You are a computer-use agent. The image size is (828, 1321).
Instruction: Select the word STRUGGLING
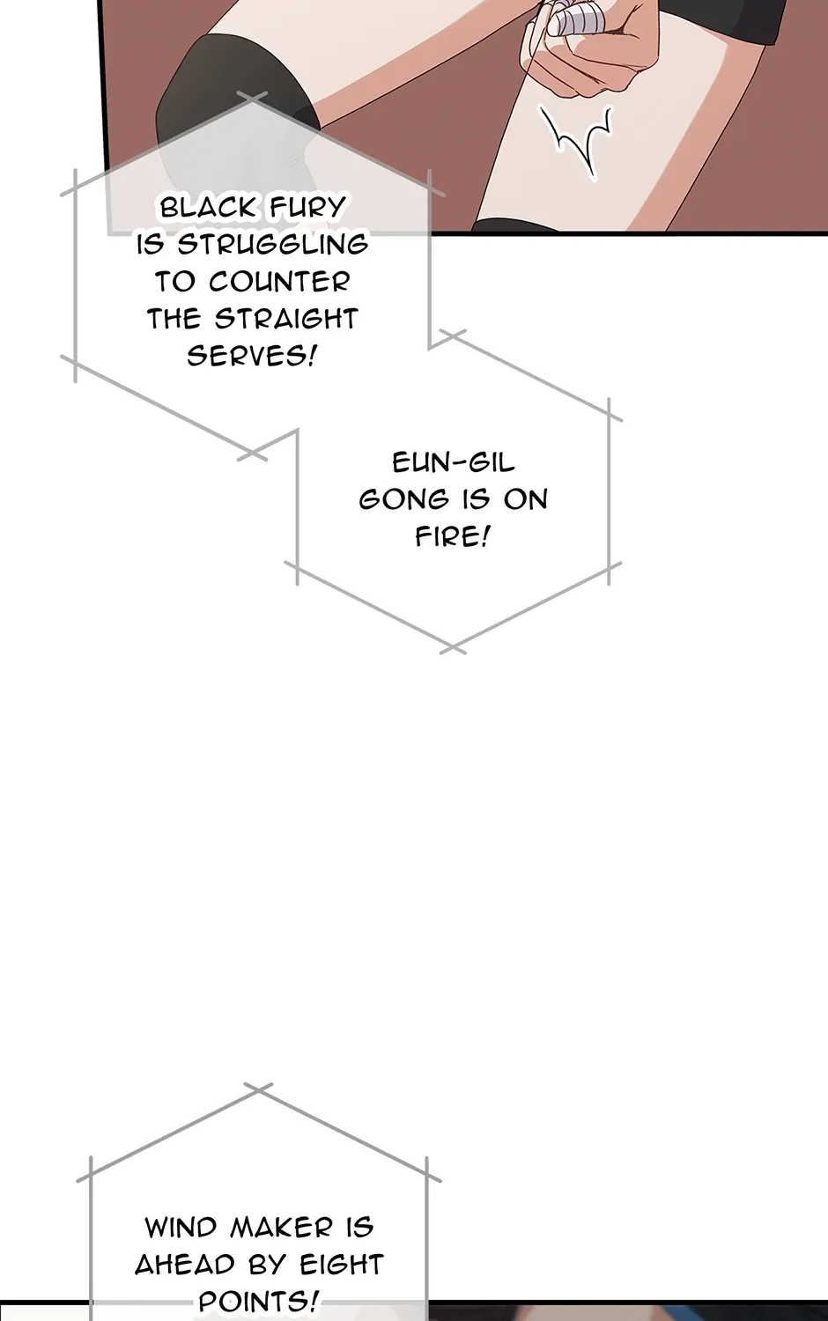pyautogui.click(x=272, y=244)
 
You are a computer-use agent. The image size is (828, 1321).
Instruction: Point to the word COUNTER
pyautogui.click(x=279, y=281)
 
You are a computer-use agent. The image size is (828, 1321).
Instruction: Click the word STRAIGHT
pyautogui.click(x=286, y=319)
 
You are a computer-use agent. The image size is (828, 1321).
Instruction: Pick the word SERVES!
pyautogui.click(x=252, y=356)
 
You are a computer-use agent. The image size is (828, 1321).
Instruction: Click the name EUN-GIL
pyautogui.click(x=453, y=463)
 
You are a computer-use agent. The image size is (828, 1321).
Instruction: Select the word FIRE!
pyautogui.click(x=453, y=536)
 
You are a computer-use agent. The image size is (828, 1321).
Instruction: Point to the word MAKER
pyautogui.click(x=281, y=1228)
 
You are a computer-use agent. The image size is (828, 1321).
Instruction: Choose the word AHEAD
pyautogui.click(x=185, y=1265)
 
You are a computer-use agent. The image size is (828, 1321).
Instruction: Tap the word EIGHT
pyautogui.click(x=342, y=1265)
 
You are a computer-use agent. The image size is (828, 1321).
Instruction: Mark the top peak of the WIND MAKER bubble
pyautogui.click(x=258, y=1089)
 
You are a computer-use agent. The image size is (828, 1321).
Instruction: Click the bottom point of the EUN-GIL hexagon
pyautogui.click(x=453, y=648)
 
